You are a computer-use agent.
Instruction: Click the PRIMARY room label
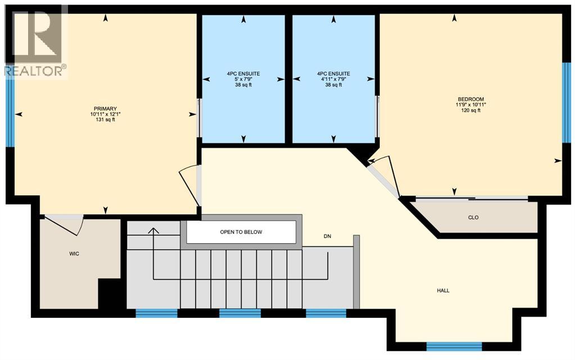[105, 108]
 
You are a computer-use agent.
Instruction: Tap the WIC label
[74, 254]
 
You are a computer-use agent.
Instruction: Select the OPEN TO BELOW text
[241, 232]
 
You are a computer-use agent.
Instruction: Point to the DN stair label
[327, 236]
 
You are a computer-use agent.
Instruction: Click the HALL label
[443, 290]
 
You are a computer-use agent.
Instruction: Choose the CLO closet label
[473, 217]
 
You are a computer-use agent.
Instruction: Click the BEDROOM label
[470, 99]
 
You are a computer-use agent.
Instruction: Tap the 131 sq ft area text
[105, 120]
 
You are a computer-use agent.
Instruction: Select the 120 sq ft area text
[470, 110]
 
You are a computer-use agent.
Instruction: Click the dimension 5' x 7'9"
[243, 79]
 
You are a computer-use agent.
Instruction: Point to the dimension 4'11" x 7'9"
[333, 79]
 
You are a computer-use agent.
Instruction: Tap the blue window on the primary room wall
[10, 113]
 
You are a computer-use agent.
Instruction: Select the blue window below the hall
[454, 345]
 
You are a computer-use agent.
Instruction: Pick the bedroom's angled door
[383, 176]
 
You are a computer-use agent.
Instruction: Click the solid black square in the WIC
[110, 293]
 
